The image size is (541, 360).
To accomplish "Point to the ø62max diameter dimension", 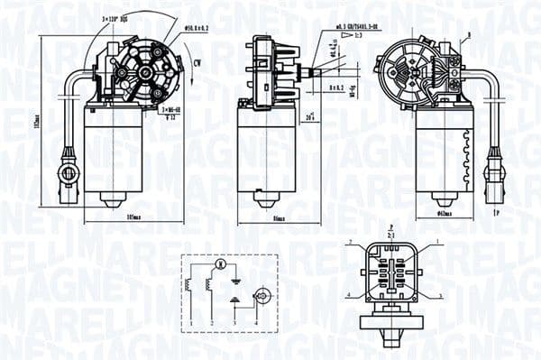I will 445,214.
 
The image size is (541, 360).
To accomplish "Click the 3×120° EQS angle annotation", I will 115,18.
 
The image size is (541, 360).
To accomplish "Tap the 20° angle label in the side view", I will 310,117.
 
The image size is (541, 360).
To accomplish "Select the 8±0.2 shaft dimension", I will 335,88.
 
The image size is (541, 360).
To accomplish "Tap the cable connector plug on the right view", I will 494,169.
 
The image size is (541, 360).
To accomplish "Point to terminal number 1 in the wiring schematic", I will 191,322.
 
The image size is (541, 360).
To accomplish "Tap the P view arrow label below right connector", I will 498,212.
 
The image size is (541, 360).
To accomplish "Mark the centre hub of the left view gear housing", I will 142,70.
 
